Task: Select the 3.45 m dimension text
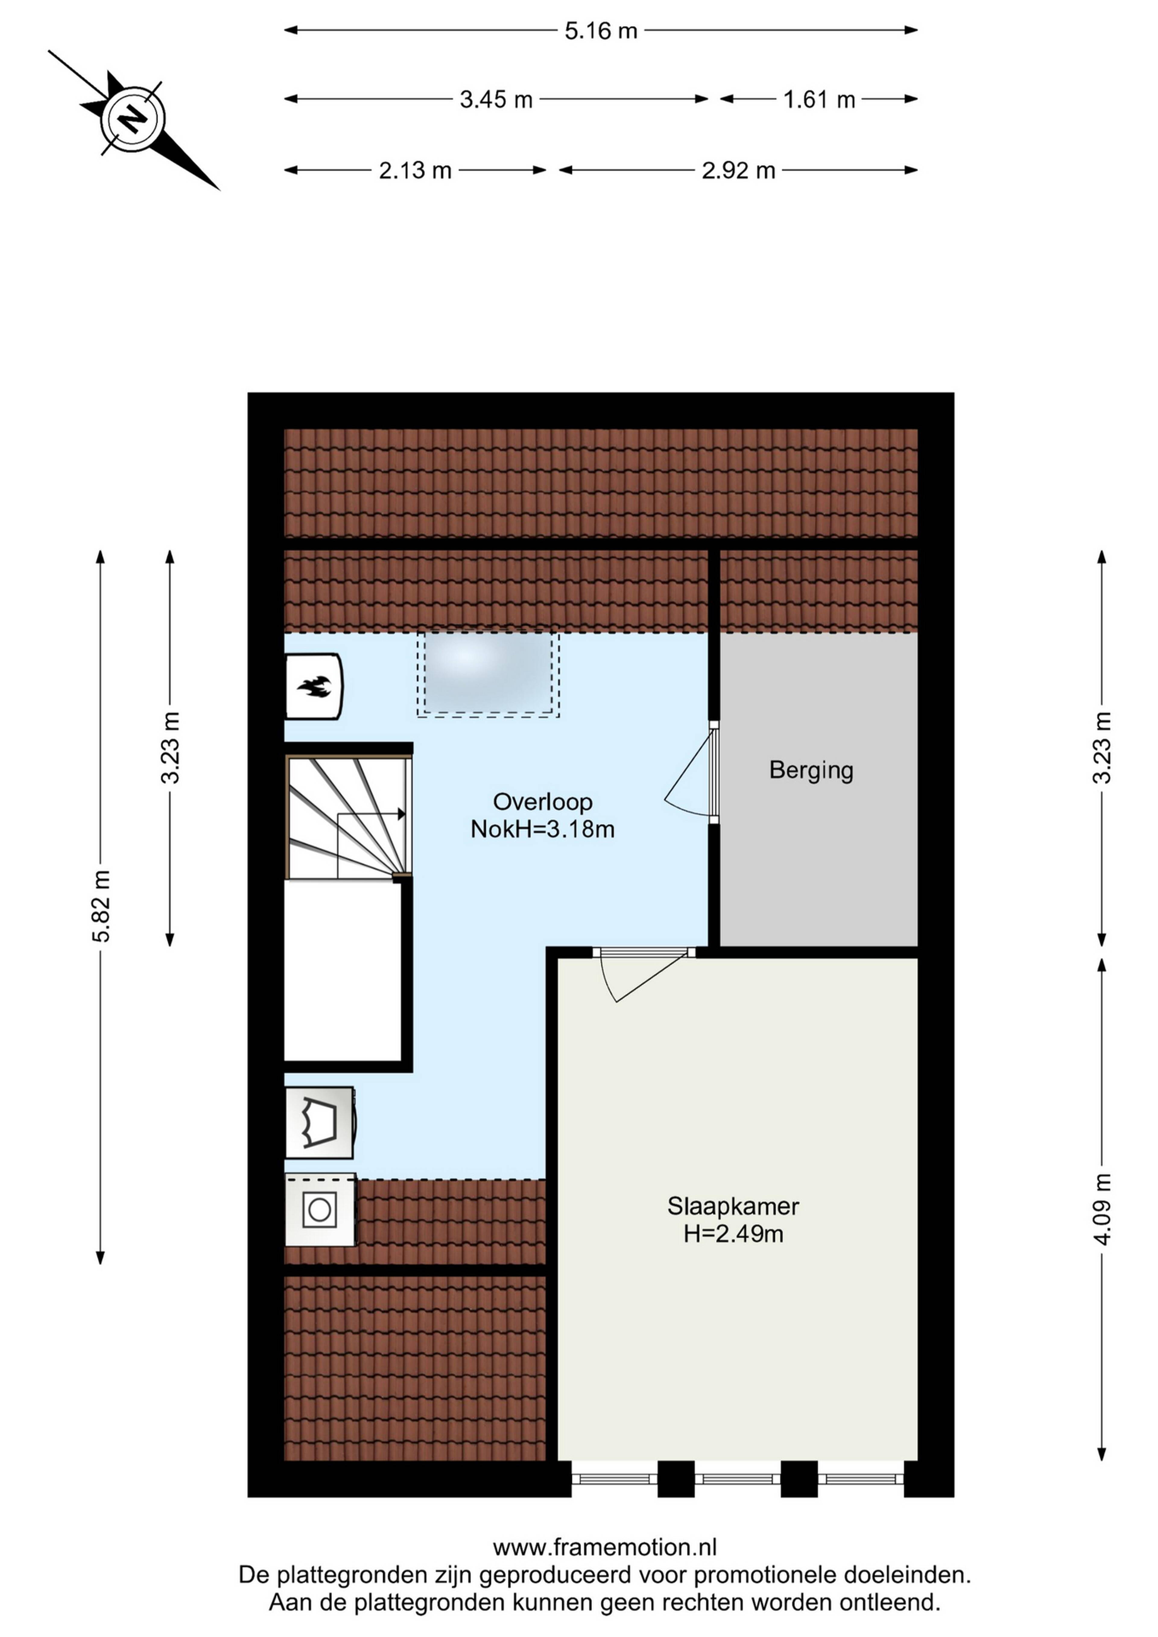pos(496,99)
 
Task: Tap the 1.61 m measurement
pos(819,99)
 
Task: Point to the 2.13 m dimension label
pos(415,170)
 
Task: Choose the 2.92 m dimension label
pos(739,170)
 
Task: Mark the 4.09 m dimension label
pos(1103,1209)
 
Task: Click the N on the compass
pos(131,119)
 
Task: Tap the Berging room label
pos(812,771)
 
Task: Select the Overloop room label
pos(543,802)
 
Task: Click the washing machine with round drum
pos(320,1210)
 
